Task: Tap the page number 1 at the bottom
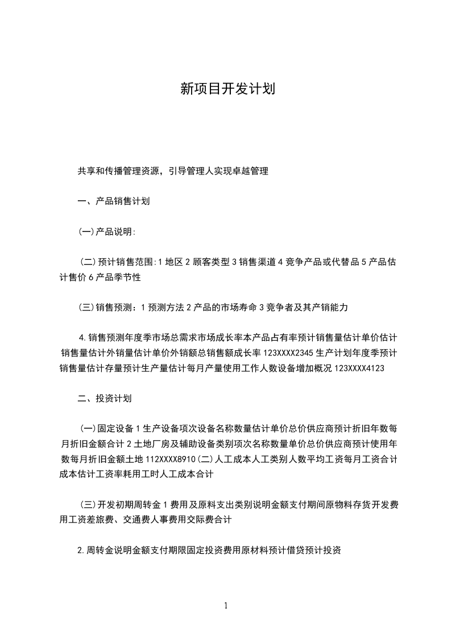tap(226, 606)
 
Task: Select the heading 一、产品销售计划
tap(114, 201)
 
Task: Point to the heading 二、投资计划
tap(105, 398)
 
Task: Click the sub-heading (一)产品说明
tap(106, 231)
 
